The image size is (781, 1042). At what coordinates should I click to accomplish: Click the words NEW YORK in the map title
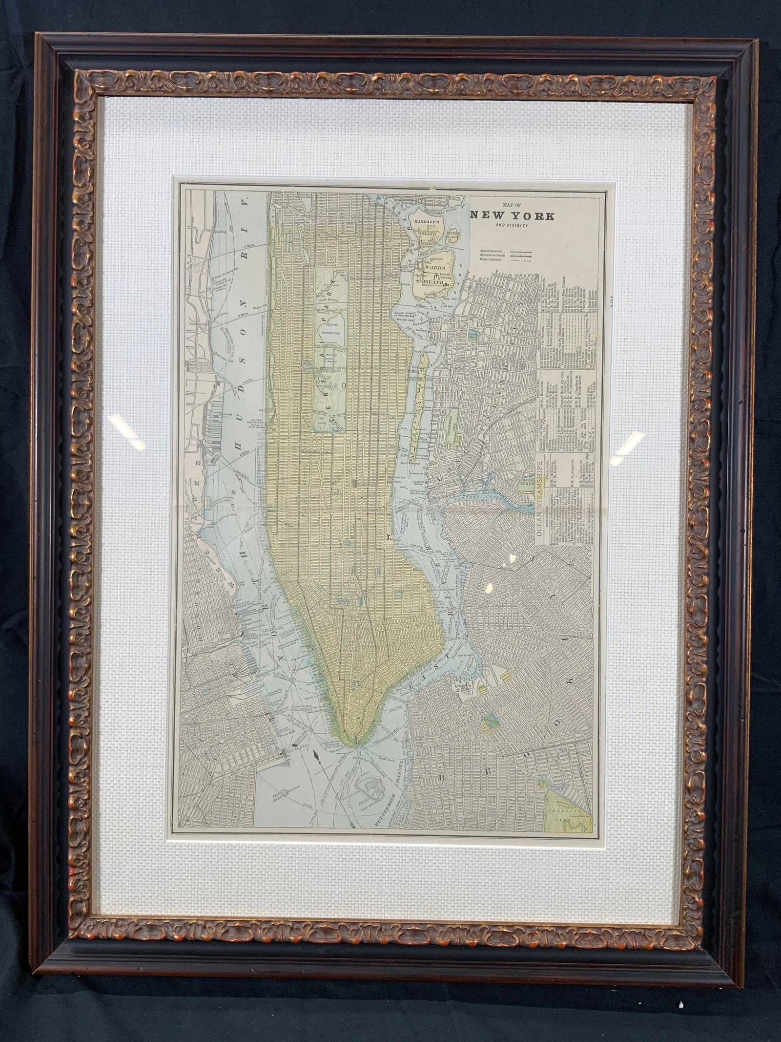pos(512,216)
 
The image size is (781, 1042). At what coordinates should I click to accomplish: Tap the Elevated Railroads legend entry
pos(493,255)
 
